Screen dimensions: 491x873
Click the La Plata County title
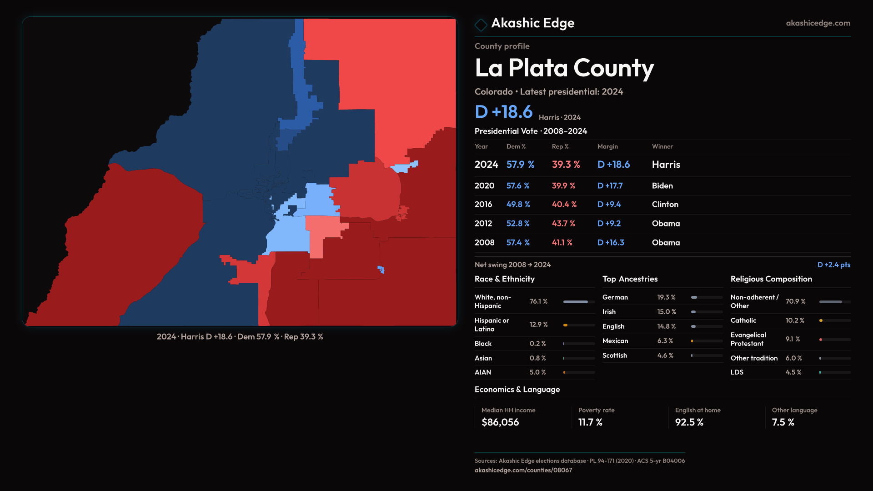tap(564, 68)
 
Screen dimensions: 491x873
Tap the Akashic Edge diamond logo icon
tap(481, 24)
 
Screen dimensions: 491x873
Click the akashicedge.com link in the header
tap(818, 23)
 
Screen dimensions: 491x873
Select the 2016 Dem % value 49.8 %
tap(518, 205)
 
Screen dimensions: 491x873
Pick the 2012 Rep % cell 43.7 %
tap(563, 224)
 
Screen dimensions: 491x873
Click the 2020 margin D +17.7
tap(610, 186)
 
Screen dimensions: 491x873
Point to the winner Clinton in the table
tap(665, 205)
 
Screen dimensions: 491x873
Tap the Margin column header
tap(607, 146)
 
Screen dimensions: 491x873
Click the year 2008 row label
tap(484, 243)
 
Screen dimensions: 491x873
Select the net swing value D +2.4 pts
tap(833, 265)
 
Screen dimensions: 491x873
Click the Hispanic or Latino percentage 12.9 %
tap(538, 325)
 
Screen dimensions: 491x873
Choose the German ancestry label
tap(615, 297)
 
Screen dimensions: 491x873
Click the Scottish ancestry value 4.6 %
tap(665, 356)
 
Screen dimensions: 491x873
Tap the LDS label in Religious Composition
tap(737, 372)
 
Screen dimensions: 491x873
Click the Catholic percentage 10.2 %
tap(794, 321)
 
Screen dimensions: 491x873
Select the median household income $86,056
tap(500, 422)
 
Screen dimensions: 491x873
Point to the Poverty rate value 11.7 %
tap(590, 422)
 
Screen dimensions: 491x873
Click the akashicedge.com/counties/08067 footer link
tap(523, 470)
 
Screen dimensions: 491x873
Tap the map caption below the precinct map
tap(240, 337)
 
